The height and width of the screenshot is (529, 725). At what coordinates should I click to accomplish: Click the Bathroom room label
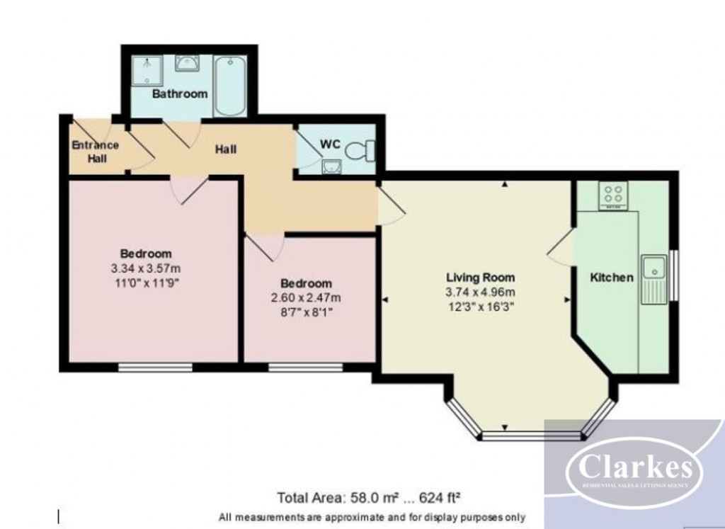coord(180,93)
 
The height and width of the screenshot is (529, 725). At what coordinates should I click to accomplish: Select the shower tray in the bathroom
coord(147,68)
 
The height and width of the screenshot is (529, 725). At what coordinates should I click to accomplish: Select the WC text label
coord(331,144)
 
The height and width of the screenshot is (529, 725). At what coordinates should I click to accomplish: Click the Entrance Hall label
coord(95,152)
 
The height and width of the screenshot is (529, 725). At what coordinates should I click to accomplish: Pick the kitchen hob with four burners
coord(613,195)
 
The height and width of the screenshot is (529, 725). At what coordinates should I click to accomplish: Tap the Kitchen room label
coord(612,278)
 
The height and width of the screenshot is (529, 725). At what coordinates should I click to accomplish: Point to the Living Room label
coord(480,277)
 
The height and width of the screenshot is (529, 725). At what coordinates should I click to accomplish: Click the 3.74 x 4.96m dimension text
coord(480,292)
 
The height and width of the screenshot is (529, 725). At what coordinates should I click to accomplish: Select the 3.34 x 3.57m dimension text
coord(146,268)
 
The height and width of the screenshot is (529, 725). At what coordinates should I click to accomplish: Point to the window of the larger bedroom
coord(155,367)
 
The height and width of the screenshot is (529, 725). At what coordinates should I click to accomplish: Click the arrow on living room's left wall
coord(385,301)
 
